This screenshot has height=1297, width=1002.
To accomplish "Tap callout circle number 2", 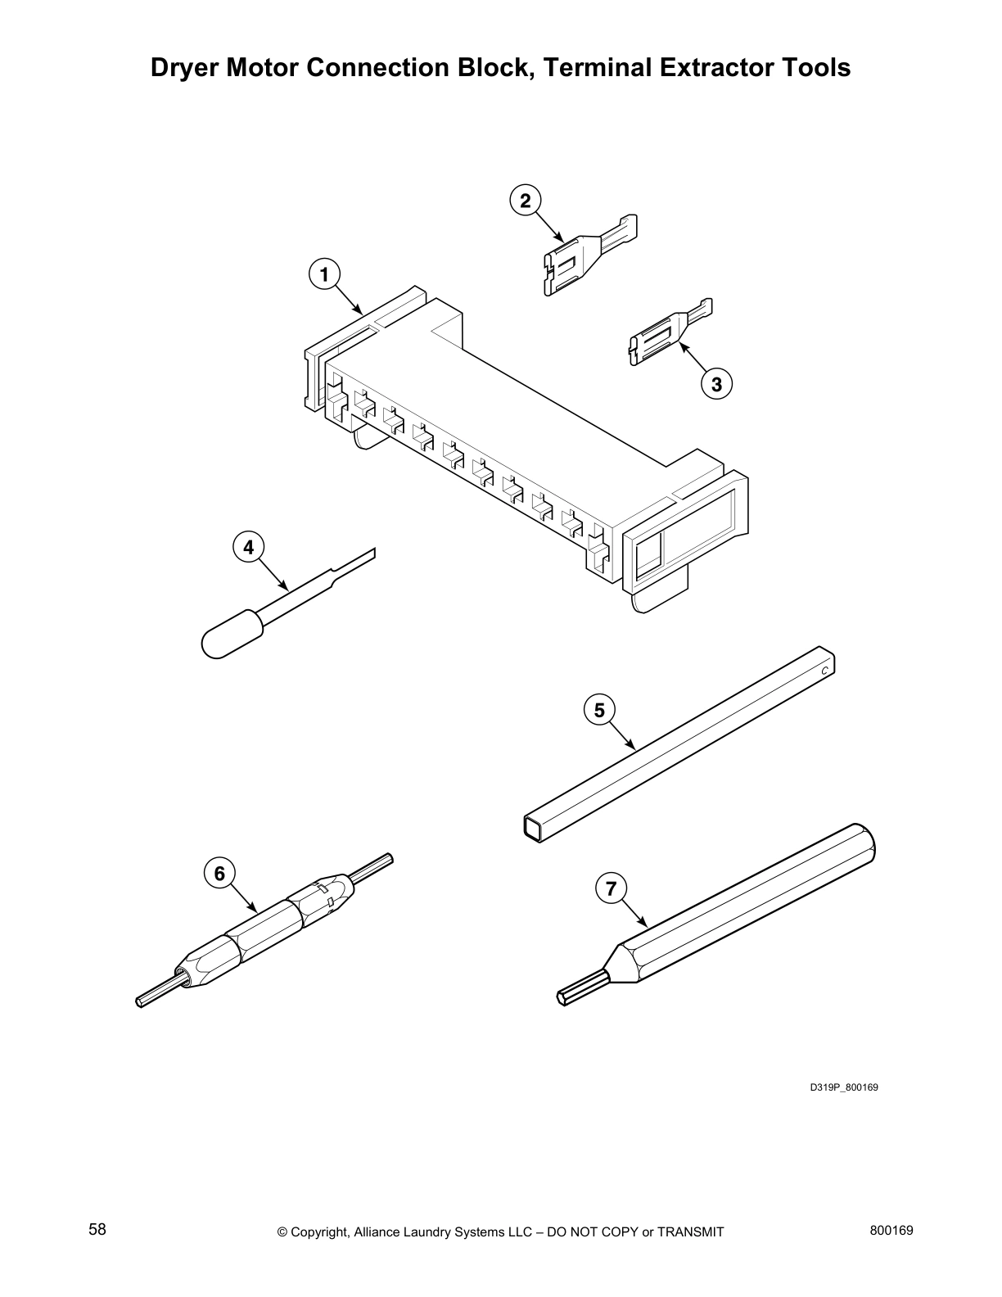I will point(525,200).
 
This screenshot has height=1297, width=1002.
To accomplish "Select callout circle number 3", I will point(716,383).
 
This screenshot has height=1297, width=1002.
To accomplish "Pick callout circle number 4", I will point(249,546).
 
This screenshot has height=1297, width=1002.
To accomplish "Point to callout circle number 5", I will point(599,710).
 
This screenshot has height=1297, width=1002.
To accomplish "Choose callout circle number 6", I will point(219,874).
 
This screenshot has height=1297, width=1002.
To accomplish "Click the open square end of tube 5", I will point(533,827).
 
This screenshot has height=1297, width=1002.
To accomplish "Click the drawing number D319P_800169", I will point(843,1087).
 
